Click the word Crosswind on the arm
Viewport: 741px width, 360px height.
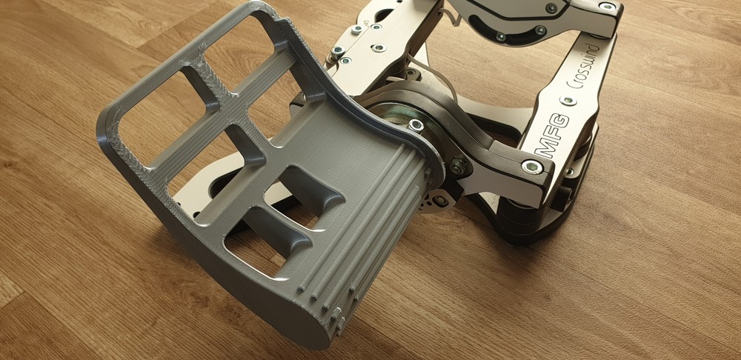point(583,67)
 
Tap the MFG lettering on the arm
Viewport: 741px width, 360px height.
point(554,135)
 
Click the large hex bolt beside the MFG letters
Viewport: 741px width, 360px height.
point(532,167)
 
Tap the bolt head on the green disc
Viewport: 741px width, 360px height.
point(416,124)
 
